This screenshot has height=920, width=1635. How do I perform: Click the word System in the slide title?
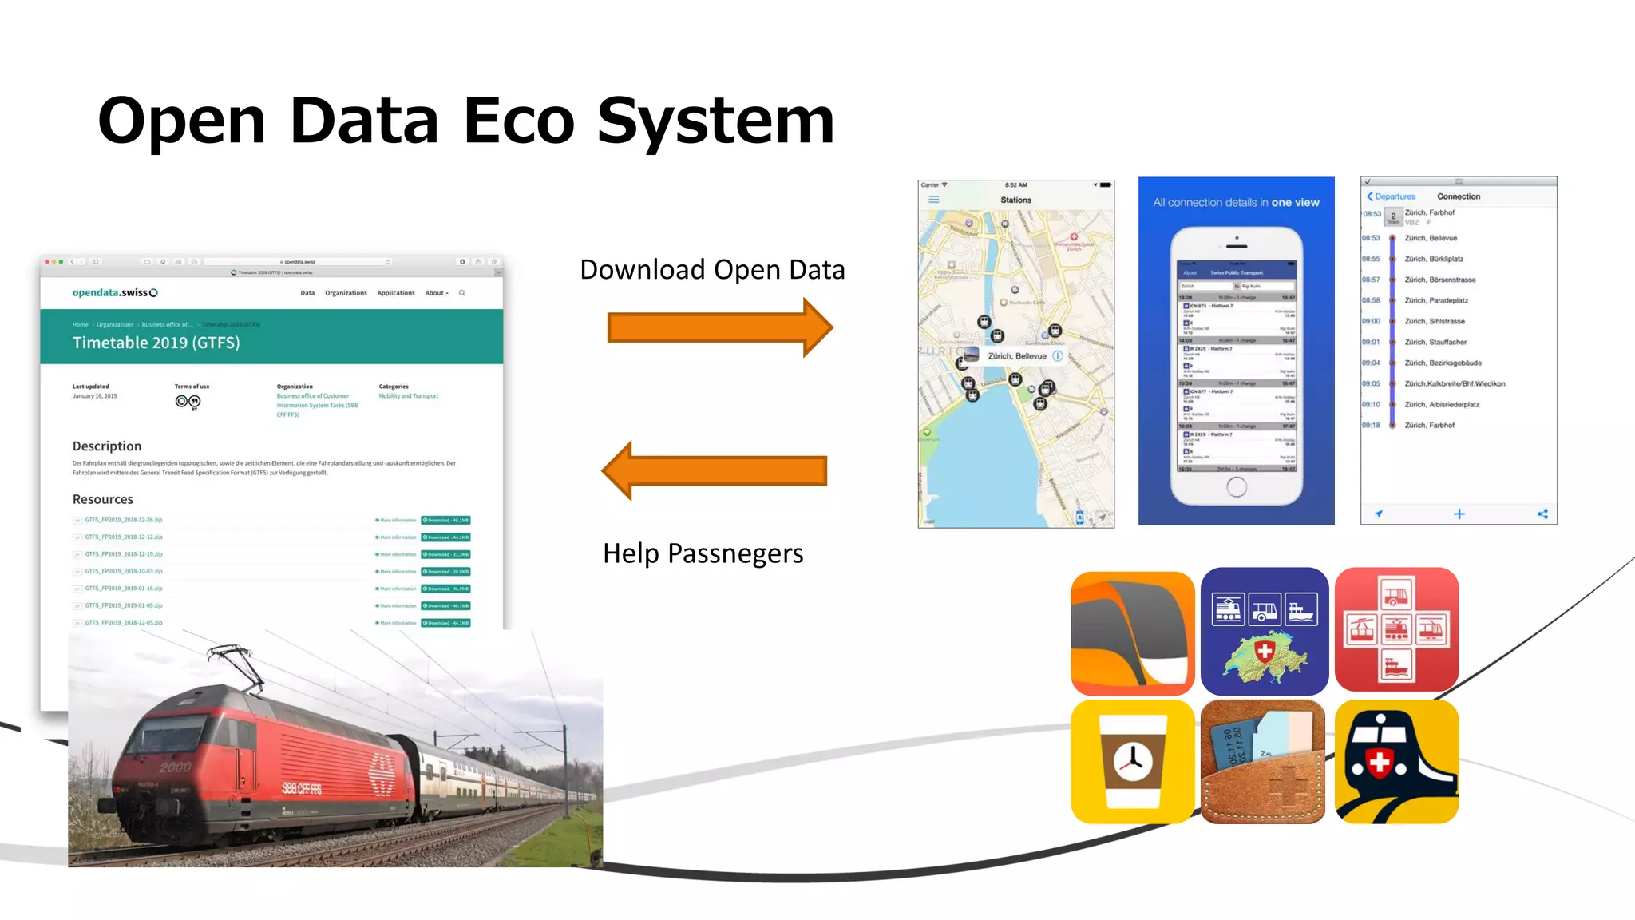pyautogui.click(x=715, y=121)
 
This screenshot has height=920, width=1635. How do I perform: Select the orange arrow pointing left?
pyautogui.click(x=715, y=470)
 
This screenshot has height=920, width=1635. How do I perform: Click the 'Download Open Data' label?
pyautogui.click(x=712, y=270)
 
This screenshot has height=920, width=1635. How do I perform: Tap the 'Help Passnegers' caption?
pyautogui.click(x=703, y=553)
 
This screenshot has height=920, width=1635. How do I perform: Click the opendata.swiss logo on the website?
pyautogui.click(x=115, y=293)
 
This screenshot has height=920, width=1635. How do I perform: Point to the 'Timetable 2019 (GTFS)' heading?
pyautogui.click(x=156, y=343)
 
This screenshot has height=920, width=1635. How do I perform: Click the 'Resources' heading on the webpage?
pyautogui.click(x=103, y=499)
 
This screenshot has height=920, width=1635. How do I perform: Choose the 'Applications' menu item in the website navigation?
pyautogui.click(x=396, y=293)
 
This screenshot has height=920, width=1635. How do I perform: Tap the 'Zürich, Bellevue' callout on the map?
pyautogui.click(x=1016, y=356)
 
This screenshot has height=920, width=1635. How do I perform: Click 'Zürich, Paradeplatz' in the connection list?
pyautogui.click(x=1436, y=300)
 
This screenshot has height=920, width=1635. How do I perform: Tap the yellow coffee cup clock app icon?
pyautogui.click(x=1132, y=762)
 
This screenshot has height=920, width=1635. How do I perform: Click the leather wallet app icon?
pyautogui.click(x=1263, y=762)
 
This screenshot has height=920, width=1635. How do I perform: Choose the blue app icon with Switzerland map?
pyautogui.click(x=1265, y=631)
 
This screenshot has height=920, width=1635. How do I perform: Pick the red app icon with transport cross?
pyautogui.click(x=1396, y=629)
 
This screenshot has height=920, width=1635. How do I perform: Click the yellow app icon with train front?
pyautogui.click(x=1396, y=762)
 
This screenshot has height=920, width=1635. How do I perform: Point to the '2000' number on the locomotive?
pyautogui.click(x=176, y=767)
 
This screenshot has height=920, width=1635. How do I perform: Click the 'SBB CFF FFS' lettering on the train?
pyautogui.click(x=302, y=789)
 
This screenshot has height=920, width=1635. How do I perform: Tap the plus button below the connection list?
pyautogui.click(x=1459, y=514)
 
